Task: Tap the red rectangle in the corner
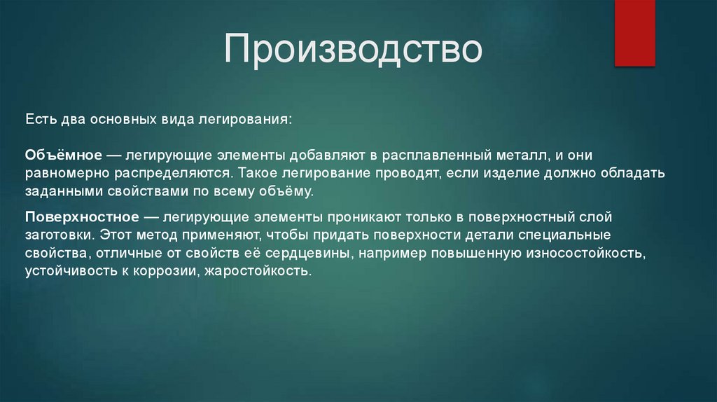click(x=634, y=32)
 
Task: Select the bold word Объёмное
click(x=65, y=153)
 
